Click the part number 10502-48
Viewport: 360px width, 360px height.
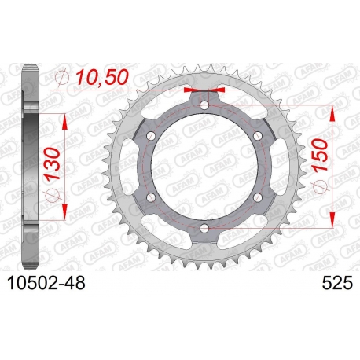point(46,283)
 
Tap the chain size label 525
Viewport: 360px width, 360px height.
point(337,283)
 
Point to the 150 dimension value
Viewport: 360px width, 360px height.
point(320,156)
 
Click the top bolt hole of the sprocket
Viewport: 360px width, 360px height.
point(204,105)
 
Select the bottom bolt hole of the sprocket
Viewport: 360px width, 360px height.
point(204,228)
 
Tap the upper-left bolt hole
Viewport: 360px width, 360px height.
point(151,136)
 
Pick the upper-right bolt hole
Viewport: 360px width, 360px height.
point(258,135)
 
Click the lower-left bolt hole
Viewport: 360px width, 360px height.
point(151,197)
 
